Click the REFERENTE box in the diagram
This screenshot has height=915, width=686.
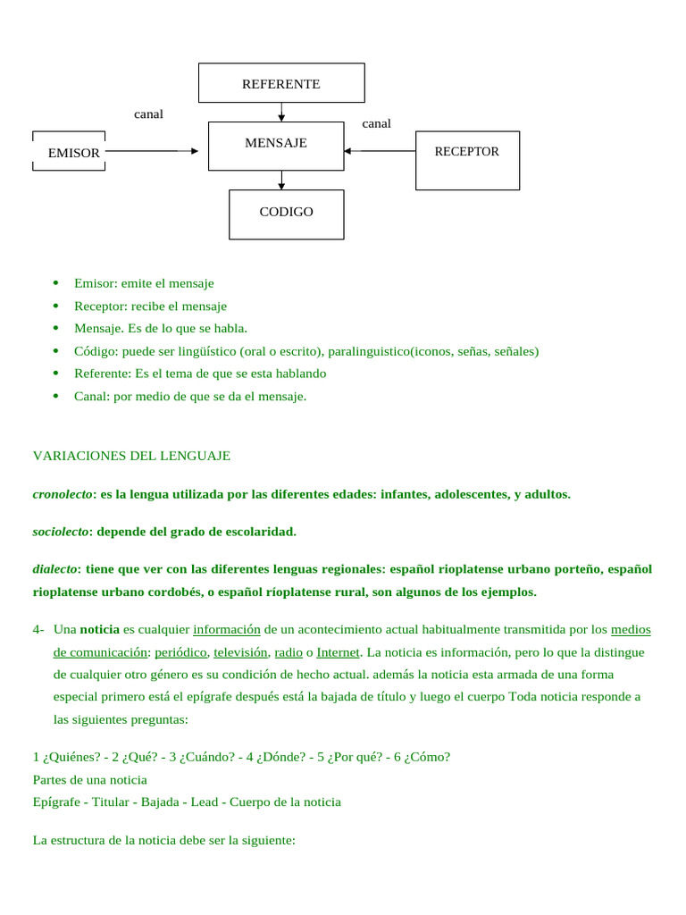click(x=280, y=83)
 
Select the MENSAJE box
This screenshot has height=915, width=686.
click(x=276, y=146)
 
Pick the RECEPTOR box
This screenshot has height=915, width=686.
click(x=467, y=160)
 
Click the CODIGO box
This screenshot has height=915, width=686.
click(x=286, y=214)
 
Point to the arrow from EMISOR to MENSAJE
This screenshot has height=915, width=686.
click(x=152, y=151)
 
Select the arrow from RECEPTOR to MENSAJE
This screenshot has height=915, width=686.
click(x=380, y=151)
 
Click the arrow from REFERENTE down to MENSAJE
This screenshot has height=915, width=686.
click(x=281, y=113)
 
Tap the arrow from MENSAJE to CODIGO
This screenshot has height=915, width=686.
click(x=281, y=180)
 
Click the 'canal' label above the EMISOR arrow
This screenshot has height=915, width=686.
click(x=148, y=113)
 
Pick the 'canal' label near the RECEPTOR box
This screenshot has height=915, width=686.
click(x=376, y=123)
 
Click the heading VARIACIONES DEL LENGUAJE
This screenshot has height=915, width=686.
click(x=131, y=456)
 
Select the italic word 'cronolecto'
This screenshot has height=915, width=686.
click(x=63, y=494)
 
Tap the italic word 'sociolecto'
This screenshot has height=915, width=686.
click(x=61, y=532)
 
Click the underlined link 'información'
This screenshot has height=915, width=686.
click(x=226, y=629)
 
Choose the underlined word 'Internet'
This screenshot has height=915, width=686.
click(x=338, y=652)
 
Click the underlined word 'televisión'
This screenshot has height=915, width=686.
click(x=240, y=652)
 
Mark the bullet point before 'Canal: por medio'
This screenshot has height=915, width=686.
click(x=55, y=396)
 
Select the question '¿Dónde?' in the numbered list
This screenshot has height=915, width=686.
click(x=289, y=757)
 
